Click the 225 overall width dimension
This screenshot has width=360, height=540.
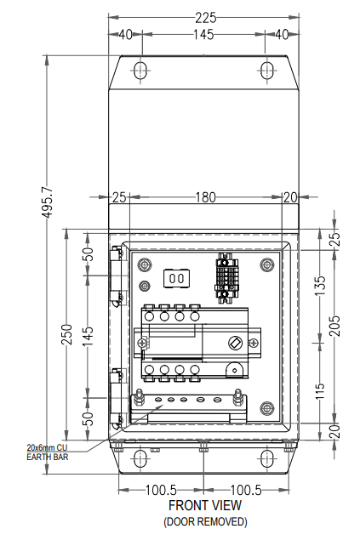(x=206, y=17)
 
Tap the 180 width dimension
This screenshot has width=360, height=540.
(x=206, y=197)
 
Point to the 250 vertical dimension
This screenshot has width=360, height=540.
(x=67, y=334)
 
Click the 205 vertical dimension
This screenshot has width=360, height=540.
(x=334, y=326)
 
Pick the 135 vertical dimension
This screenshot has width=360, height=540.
(x=320, y=285)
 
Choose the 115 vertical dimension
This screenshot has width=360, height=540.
(x=320, y=391)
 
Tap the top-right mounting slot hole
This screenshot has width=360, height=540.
(x=266, y=71)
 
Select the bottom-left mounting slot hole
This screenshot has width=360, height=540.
(x=140, y=458)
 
